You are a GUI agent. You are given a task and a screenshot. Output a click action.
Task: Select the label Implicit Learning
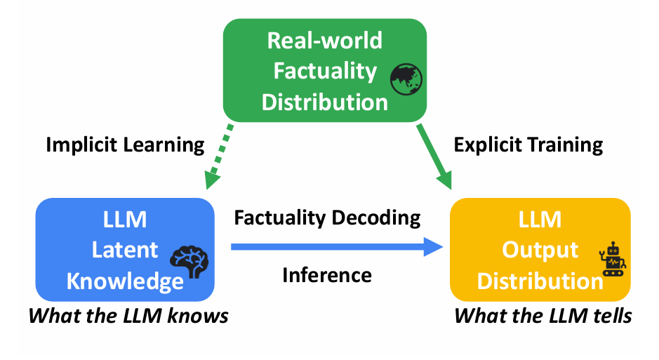[125, 145]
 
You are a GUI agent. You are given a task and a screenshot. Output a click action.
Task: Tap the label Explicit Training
[528, 145]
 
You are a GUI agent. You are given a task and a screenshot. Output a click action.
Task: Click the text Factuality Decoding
[328, 218]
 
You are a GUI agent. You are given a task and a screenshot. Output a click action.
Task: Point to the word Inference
[327, 274]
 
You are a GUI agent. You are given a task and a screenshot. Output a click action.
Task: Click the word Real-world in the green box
[325, 40]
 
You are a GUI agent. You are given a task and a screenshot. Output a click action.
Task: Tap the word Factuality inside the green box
[325, 71]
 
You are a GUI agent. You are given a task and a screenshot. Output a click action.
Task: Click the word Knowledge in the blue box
[125, 281]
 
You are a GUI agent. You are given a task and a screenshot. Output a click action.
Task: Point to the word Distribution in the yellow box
[540, 281]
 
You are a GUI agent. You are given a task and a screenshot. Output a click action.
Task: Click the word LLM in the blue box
[125, 219]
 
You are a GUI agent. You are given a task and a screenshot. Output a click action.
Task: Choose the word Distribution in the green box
[325, 102]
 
